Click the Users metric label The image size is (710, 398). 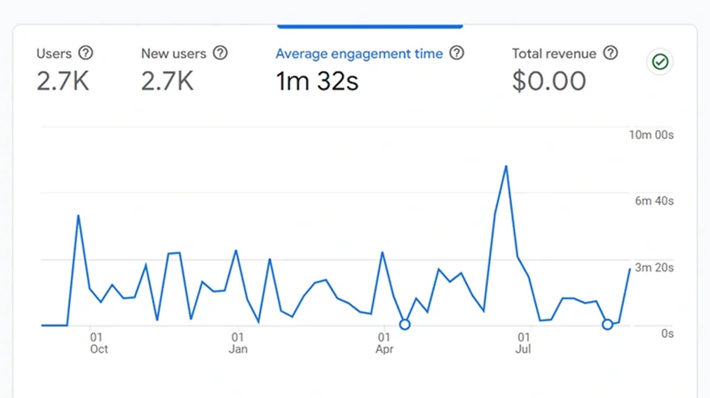(x=54, y=53)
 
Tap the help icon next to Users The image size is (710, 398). (x=86, y=53)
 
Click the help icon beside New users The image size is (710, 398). (x=220, y=53)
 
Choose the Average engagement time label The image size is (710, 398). (x=359, y=54)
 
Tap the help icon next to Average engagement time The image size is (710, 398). (x=457, y=53)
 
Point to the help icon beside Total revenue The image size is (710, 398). (x=611, y=53)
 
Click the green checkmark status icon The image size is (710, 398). (x=659, y=62)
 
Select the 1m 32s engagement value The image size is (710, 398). (x=317, y=82)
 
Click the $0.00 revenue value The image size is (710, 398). (x=548, y=82)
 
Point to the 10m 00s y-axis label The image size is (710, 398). (x=651, y=136)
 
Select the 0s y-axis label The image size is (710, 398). (x=667, y=332)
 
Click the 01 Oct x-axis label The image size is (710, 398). (x=98, y=343)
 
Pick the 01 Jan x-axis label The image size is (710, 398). (x=238, y=343)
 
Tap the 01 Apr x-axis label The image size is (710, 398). (x=383, y=343)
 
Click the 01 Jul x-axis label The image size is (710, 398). (x=524, y=343)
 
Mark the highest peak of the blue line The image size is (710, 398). (x=506, y=166)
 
